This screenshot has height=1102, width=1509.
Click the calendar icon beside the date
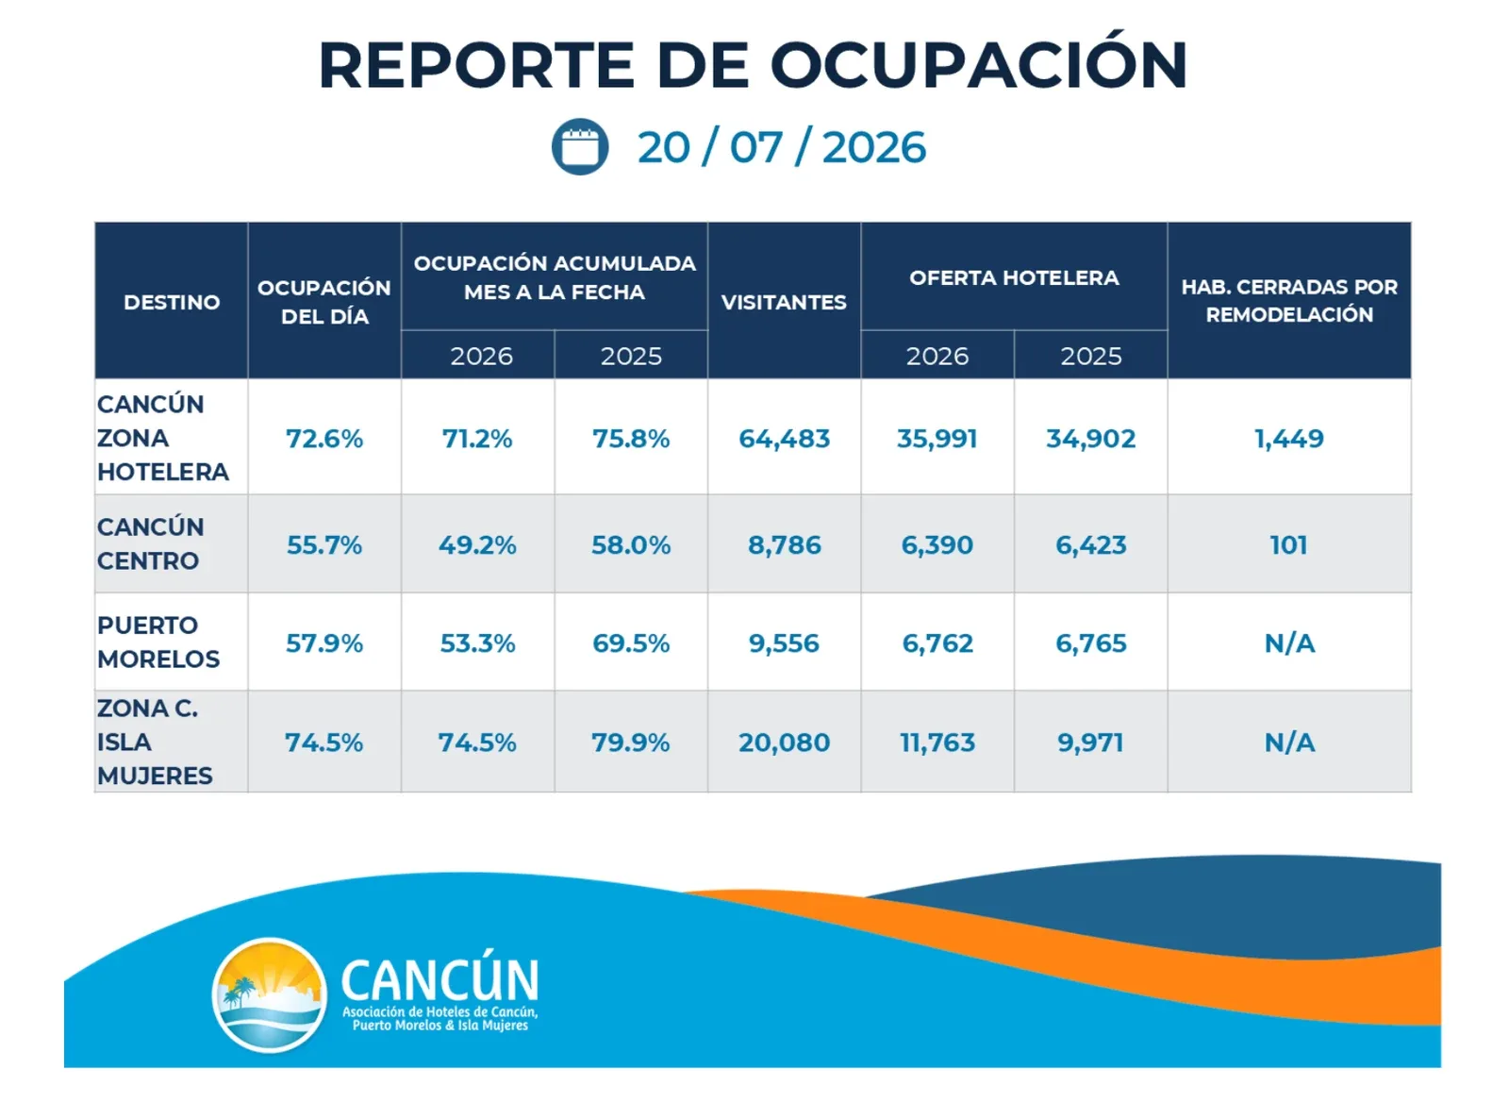[580, 146]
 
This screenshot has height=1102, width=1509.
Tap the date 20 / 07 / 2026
[782, 147]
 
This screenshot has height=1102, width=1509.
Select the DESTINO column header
[172, 302]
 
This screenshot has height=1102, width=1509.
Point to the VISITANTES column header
[784, 302]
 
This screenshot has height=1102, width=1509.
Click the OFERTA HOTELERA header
[1014, 277]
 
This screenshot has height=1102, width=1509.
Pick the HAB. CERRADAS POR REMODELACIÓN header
[1288, 301]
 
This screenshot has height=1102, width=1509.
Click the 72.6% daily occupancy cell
[324, 438]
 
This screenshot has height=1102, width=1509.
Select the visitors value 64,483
[784, 438]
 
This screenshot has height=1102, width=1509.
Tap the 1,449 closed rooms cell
[1288, 438]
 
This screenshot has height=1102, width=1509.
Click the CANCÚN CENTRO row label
[150, 543]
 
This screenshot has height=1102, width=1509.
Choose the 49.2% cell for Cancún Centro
[477, 544]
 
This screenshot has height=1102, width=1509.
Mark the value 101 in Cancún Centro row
[1288, 544]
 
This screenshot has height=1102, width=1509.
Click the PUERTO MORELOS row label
[158, 642]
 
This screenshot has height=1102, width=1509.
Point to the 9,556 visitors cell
[784, 643]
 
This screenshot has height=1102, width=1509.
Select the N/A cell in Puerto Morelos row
[1289, 643]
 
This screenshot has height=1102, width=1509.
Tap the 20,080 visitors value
[784, 743]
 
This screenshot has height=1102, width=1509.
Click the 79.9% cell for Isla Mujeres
[631, 743]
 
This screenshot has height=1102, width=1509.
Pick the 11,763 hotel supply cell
[937, 743]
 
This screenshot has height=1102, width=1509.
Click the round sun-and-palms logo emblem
[270, 994]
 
